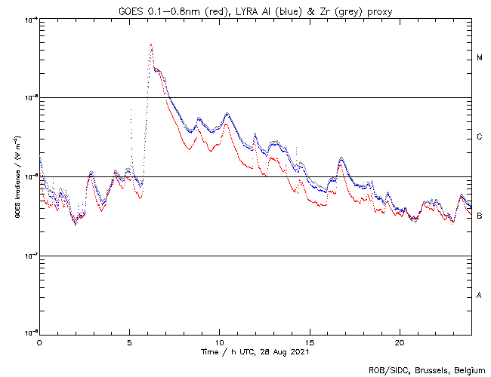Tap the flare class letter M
(x=480, y=58)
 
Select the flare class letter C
(x=480, y=137)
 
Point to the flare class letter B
(x=480, y=216)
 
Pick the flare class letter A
(x=480, y=296)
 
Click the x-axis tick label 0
(x=39, y=342)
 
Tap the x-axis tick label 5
(x=129, y=342)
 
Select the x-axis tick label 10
(x=219, y=342)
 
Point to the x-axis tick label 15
(x=309, y=342)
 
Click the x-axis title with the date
(x=255, y=352)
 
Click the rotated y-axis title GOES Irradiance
(x=16, y=177)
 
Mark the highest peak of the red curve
(x=151, y=44)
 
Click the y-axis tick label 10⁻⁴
(x=31, y=19)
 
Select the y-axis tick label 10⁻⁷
(x=31, y=256)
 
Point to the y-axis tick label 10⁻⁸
(x=31, y=334)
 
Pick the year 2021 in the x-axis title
(x=299, y=352)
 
